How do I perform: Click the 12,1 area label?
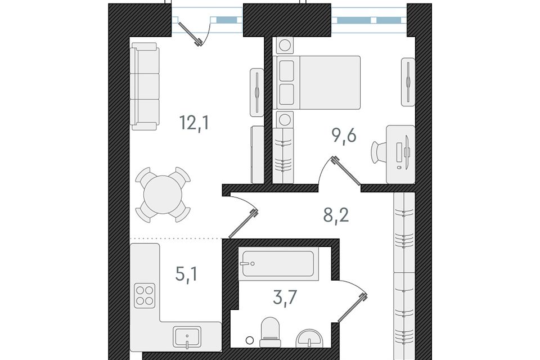[194, 123]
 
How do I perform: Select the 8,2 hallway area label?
[336, 215]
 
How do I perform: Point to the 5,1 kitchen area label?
[186, 274]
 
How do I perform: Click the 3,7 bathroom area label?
[285, 298]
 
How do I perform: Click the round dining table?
[163, 195]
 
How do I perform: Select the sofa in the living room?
[145, 87]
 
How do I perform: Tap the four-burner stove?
[145, 295]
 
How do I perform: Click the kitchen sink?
[187, 338]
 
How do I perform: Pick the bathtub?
[278, 264]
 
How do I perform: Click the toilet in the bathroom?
[271, 332]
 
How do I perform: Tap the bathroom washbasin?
[309, 339]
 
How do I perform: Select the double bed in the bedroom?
[318, 83]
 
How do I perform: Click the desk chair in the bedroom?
[380, 151]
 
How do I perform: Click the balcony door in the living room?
[189, 33]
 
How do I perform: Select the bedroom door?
[346, 171]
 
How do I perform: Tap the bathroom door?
[352, 308]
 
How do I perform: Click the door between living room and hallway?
[244, 223]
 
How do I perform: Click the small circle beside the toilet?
[250, 340]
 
